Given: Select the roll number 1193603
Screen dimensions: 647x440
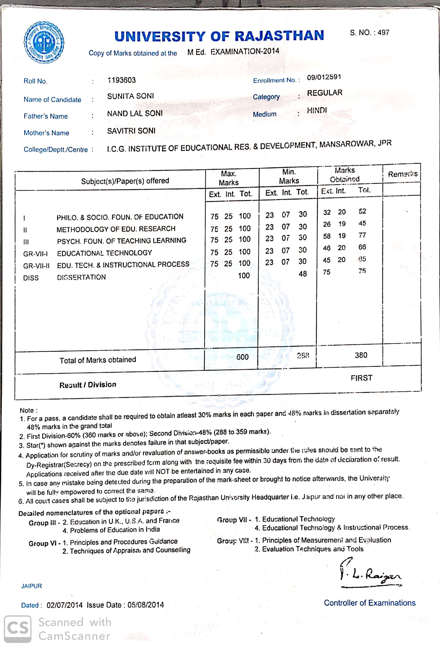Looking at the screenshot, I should [x=122, y=80].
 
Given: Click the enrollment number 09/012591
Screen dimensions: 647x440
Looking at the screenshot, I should [x=324, y=77].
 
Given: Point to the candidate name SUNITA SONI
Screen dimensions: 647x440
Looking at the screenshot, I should [x=130, y=96].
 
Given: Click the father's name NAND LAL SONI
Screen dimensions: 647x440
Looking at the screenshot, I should [x=135, y=113].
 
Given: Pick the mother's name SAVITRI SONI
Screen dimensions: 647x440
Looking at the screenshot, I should [x=131, y=131].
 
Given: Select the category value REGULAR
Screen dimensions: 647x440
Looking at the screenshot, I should [x=324, y=93].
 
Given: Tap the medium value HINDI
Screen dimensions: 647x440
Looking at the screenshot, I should [x=317, y=110].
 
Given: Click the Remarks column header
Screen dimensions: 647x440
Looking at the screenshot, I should [x=402, y=174].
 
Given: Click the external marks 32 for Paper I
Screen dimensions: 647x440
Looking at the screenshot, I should [x=327, y=212].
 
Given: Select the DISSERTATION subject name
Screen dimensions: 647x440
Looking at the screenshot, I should [x=81, y=277].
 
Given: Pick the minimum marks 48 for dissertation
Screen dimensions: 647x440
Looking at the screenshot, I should [x=303, y=274].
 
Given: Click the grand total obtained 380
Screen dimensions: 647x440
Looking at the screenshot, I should [x=361, y=355].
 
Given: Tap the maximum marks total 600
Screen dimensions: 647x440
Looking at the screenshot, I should [x=242, y=357].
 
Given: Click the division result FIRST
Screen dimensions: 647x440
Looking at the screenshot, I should [x=361, y=378].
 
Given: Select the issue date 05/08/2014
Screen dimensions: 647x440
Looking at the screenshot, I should [x=145, y=605].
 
